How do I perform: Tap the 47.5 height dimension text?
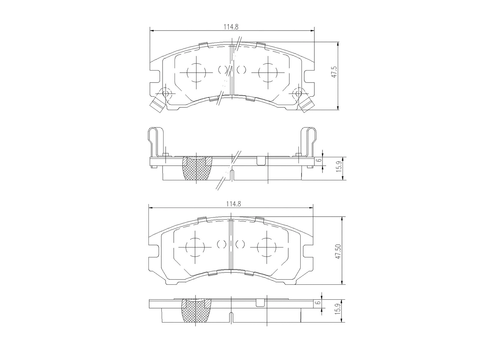click(x=334, y=72)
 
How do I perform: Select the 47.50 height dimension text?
click(x=339, y=251)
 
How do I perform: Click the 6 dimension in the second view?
click(x=320, y=160)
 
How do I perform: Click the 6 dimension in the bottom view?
click(x=319, y=302)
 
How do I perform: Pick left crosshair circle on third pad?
click(x=195, y=247)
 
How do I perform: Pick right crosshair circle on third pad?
click(x=266, y=247)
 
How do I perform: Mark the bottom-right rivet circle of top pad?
click(x=297, y=94)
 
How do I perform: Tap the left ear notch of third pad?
click(x=154, y=251)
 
